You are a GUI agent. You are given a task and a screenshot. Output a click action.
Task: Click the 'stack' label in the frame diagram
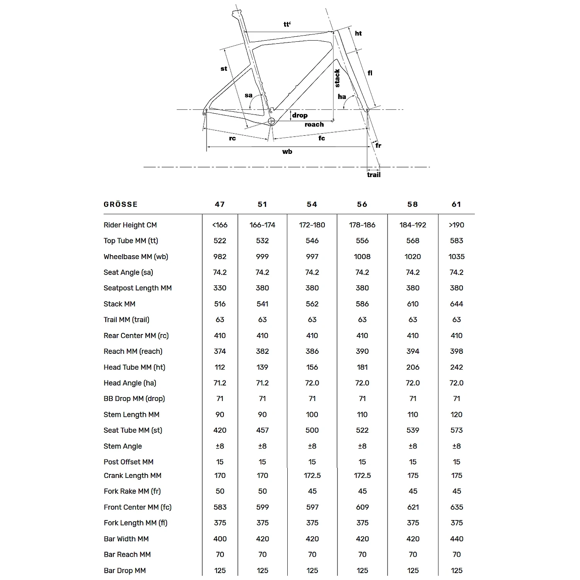pyautogui.click(x=337, y=78)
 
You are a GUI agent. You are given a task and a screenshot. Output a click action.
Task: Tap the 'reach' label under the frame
pyautogui.click(x=314, y=125)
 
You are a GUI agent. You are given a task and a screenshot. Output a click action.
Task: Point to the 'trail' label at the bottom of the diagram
pyautogui.click(x=374, y=175)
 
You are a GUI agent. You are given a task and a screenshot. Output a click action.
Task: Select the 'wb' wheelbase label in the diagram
pyautogui.click(x=287, y=152)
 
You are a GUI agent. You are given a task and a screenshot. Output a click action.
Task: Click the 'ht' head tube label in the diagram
pyautogui.click(x=358, y=34)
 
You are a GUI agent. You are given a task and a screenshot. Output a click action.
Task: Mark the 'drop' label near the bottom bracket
pyautogui.click(x=300, y=115)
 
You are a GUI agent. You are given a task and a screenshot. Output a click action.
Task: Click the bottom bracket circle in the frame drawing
pyautogui.click(x=271, y=121)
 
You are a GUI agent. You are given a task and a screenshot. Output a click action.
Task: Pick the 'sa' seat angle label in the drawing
pyautogui.click(x=249, y=95)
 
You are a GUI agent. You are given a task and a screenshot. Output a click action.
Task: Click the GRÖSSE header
pyautogui.click(x=121, y=205)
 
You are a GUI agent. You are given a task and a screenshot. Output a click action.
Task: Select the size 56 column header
pyautogui.click(x=362, y=205)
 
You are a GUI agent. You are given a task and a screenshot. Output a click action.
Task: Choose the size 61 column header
pyautogui.click(x=457, y=205)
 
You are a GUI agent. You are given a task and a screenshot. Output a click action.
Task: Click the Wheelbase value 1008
pyautogui.click(x=362, y=257)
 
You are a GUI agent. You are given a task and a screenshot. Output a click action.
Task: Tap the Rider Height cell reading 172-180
pyautogui.click(x=312, y=225)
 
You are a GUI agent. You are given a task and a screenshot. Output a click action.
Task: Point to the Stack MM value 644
pyautogui.click(x=457, y=304)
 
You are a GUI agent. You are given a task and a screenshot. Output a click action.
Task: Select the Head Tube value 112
pyautogui.click(x=220, y=367)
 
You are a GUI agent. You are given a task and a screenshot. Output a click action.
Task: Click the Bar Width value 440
pyautogui.click(x=457, y=539)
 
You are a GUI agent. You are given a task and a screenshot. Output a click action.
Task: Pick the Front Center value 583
pyautogui.click(x=220, y=507)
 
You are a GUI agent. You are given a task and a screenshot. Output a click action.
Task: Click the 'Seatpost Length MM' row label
pyautogui.click(x=138, y=288)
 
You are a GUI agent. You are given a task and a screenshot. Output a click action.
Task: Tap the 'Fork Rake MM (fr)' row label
pyautogui.click(x=132, y=491)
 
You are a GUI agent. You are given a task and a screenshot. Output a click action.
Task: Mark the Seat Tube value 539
pyautogui.click(x=413, y=430)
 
